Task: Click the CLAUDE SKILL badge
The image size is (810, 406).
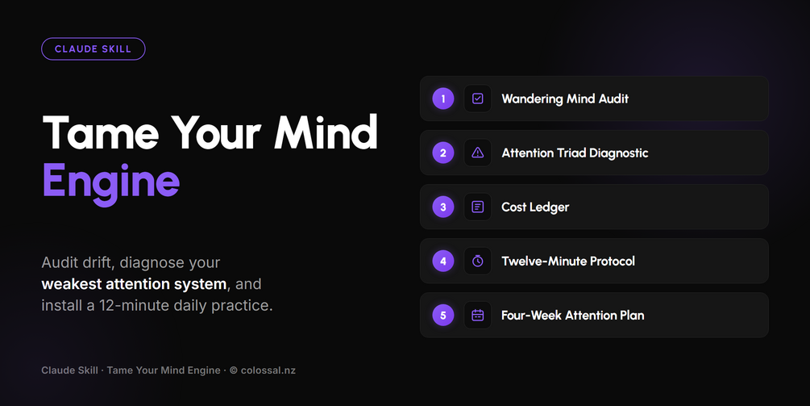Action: [x=93, y=49]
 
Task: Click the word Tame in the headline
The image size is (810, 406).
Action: [x=101, y=132]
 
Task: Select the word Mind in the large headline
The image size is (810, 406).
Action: [x=326, y=132]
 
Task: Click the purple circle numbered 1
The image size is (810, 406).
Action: [x=443, y=98]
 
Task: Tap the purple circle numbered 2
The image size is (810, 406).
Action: [x=443, y=153]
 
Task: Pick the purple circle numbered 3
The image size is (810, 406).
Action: [x=443, y=207]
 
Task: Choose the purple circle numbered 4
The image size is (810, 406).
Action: [x=443, y=262]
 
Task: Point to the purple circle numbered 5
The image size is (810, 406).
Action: [x=443, y=315]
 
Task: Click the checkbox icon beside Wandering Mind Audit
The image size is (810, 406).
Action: [x=478, y=98]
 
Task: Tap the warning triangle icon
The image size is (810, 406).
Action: [x=478, y=153]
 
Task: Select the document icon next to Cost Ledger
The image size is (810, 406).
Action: [x=478, y=207]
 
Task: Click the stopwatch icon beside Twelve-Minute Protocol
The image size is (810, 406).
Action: [x=478, y=262]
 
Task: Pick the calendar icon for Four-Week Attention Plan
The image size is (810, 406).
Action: [x=478, y=315]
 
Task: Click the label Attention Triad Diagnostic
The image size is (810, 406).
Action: [x=575, y=153]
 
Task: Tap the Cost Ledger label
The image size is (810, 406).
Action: [x=535, y=207]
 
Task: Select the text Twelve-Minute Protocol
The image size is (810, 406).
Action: [x=568, y=262]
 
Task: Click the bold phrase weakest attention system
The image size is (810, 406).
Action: [x=134, y=284]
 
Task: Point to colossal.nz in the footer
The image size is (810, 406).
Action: [x=268, y=370]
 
